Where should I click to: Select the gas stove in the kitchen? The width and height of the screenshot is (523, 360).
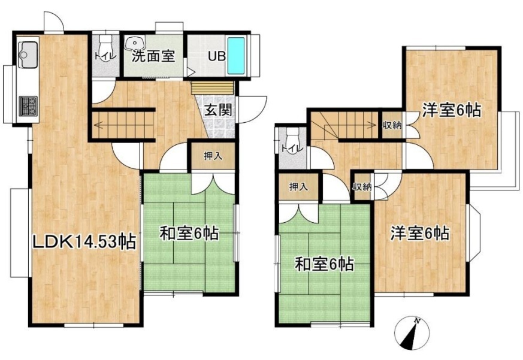pyautogui.click(x=28, y=106)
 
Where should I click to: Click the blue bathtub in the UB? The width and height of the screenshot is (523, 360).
pyautogui.click(x=236, y=56)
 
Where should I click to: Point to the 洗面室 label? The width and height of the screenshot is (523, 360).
pyautogui.click(x=153, y=56)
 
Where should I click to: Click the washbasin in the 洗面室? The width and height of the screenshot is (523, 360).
pyautogui.click(x=135, y=43)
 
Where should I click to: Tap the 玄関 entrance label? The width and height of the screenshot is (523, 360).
pyautogui.click(x=218, y=110)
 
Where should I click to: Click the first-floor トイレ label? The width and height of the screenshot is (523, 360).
pyautogui.click(x=105, y=56)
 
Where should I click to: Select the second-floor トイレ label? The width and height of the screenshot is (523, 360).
pyautogui.click(x=292, y=147)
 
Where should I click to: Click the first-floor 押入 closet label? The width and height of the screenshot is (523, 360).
pyautogui.click(x=213, y=156)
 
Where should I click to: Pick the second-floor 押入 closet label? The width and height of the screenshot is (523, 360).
pyautogui.click(x=298, y=187)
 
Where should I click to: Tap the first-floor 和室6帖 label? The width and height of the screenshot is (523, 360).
pyautogui.click(x=189, y=233)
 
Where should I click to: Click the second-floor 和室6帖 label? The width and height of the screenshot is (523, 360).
pyautogui.click(x=324, y=265)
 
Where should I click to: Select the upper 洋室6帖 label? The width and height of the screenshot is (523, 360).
pyautogui.click(x=452, y=110)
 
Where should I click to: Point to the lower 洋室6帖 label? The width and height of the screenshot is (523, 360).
pyautogui.click(x=420, y=233)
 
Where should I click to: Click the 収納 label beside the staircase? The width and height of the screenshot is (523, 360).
pyautogui.click(x=392, y=126)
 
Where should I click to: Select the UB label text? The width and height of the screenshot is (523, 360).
pyautogui.click(x=217, y=56)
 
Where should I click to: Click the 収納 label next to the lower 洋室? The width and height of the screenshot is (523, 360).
pyautogui.click(x=362, y=187)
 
